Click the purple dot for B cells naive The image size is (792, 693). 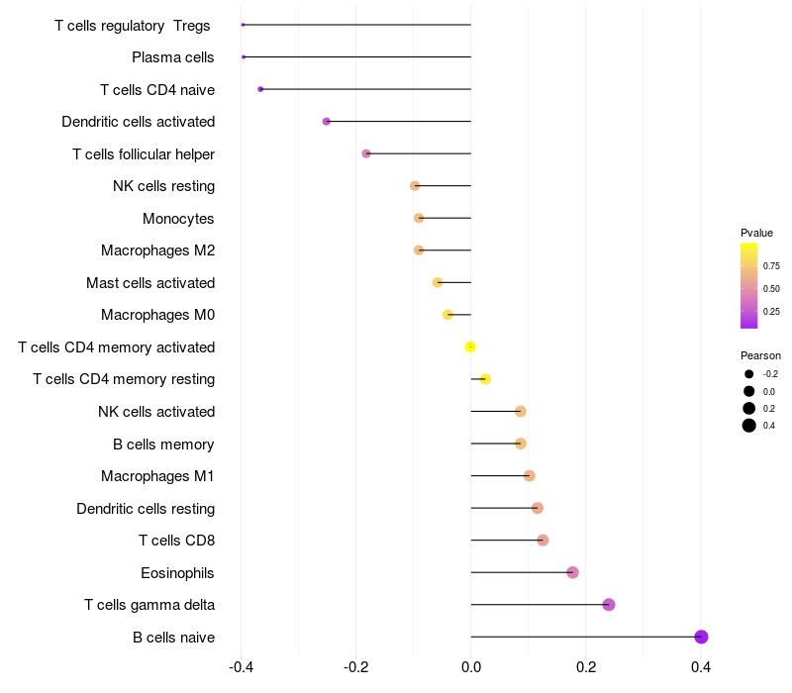click(x=701, y=637)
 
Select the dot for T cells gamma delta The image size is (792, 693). click(x=609, y=605)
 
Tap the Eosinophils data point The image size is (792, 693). click(x=572, y=572)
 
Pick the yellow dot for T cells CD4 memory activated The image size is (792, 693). click(x=470, y=346)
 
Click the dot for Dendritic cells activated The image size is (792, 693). click(x=327, y=121)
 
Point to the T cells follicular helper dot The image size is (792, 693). click(x=366, y=153)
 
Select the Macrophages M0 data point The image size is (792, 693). click(x=447, y=315)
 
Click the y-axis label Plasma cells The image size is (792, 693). click(x=173, y=57)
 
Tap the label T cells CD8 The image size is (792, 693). click(x=176, y=541)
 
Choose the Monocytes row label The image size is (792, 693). click(x=178, y=218)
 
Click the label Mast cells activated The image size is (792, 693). click(x=150, y=283)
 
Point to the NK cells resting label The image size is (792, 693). click(x=163, y=186)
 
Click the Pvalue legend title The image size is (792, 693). click(x=756, y=233)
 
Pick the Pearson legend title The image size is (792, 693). click(x=760, y=355)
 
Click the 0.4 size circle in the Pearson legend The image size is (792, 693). click(x=748, y=426)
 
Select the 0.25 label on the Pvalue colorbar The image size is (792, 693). click(x=771, y=311)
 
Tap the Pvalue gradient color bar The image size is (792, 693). click(x=748, y=285)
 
